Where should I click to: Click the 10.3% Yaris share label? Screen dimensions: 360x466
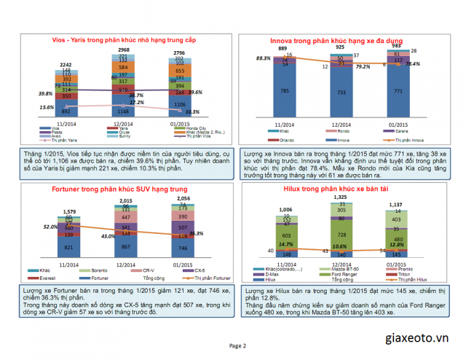[192, 112]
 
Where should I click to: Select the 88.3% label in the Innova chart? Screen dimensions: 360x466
[263, 58]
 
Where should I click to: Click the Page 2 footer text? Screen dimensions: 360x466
[238, 346]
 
